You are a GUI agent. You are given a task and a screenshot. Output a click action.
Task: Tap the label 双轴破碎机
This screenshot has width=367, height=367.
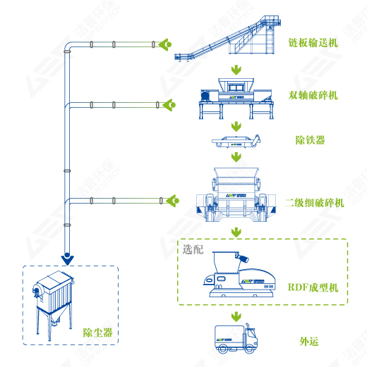coord(313,95)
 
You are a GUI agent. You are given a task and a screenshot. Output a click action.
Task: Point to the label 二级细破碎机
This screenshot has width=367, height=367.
coord(314,203)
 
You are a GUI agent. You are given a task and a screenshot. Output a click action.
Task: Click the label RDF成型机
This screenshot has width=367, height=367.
coord(313,287)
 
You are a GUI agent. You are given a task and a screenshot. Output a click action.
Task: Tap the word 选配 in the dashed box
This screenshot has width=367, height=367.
coord(193,250)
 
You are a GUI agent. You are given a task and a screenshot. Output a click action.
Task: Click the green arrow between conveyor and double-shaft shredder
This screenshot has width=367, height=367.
coord(234,70)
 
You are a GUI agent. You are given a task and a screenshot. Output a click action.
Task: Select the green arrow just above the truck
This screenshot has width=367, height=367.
coord(234,313)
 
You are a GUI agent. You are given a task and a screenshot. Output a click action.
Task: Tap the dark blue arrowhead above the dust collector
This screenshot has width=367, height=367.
coord(66,256)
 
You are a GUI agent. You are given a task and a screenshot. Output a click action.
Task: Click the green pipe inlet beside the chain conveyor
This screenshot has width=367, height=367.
coord(165,44)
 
